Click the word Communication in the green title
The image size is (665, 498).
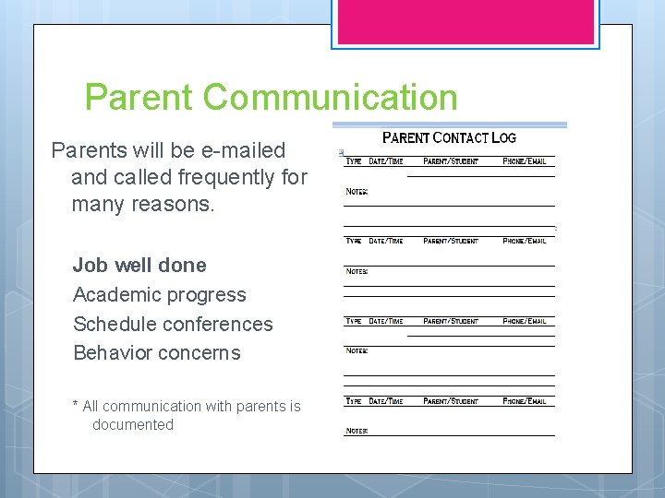coord(331,97)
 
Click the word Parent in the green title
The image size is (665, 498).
coord(139,97)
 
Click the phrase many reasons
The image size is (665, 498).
coord(142,204)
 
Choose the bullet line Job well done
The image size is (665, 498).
coord(139,266)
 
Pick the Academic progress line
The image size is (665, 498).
coord(160,295)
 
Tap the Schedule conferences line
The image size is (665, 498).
coord(173,325)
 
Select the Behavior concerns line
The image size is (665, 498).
coord(156,353)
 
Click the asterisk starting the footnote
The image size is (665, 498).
coord(75,407)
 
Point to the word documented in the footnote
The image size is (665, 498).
coord(133,425)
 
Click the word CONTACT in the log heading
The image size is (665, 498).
coord(460,138)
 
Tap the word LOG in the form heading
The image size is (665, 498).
coord(503,138)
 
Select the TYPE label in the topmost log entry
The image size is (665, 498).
coord(354,161)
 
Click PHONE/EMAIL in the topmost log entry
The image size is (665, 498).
coord(525,161)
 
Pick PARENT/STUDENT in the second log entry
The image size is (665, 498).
coord(451,241)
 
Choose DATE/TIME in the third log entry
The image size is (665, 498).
coord(386,321)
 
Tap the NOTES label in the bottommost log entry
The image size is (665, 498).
coord(357,431)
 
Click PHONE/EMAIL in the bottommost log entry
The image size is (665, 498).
coord(525,401)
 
